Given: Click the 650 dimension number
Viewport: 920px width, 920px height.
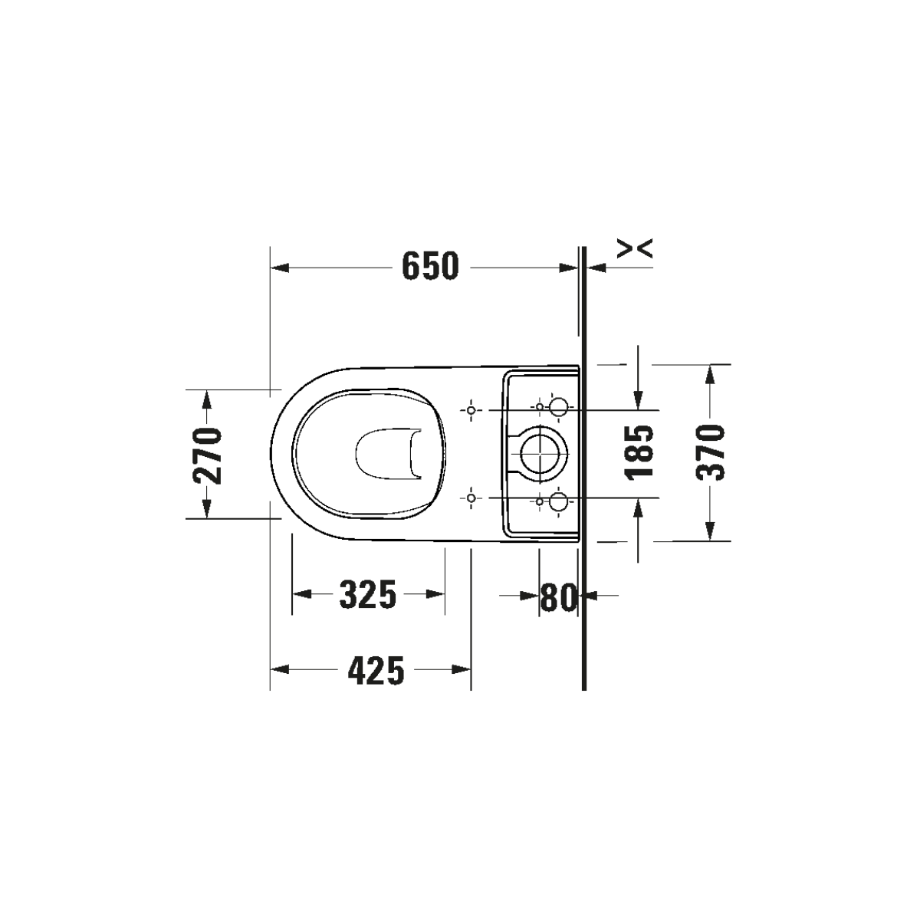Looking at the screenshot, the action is click(x=430, y=266).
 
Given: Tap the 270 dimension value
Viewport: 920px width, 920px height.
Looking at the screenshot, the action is click(x=207, y=456).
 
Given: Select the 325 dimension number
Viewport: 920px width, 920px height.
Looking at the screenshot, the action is click(x=368, y=594).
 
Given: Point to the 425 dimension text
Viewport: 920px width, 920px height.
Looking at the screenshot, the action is click(x=376, y=670).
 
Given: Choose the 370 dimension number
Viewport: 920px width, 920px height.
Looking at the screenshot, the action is click(x=711, y=452).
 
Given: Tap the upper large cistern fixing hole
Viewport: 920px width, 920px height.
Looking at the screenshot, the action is click(x=558, y=407).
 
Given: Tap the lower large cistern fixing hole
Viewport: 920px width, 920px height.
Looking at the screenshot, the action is click(x=558, y=501).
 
